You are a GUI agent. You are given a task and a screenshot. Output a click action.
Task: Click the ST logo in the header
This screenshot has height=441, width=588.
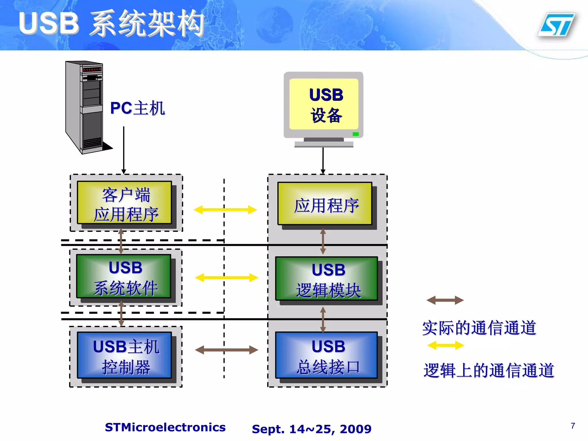tap(557, 25)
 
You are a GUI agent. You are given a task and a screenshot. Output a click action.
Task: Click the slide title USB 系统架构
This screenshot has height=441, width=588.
tap(111, 24)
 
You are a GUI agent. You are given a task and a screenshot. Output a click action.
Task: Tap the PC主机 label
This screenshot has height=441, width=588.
tap(137, 108)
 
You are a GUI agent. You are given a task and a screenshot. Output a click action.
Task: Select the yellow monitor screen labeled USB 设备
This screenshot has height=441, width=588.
tap(324, 104)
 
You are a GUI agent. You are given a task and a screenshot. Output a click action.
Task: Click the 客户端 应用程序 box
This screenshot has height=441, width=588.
tap(125, 203)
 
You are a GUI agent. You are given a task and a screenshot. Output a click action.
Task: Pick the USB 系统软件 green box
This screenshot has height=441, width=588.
tap(124, 276)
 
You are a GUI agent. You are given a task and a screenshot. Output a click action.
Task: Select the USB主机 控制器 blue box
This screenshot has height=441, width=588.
tap(125, 355)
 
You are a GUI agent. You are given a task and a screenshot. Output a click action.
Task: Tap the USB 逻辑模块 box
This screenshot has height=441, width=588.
tap(327, 278)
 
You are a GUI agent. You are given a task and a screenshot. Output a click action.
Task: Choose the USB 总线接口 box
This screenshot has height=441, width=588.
tap(327, 355)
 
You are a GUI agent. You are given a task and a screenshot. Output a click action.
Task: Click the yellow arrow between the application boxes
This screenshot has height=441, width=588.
tap(225, 210)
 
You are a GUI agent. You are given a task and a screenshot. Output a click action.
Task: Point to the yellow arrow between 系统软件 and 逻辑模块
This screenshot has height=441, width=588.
tap(226, 278)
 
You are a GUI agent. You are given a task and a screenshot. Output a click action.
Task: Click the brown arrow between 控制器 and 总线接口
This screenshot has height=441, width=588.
tap(226, 350)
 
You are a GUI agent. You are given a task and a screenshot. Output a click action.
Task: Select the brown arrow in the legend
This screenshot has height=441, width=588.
tap(445, 300)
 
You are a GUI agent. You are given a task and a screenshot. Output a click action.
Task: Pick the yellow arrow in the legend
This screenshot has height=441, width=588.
tap(446, 345)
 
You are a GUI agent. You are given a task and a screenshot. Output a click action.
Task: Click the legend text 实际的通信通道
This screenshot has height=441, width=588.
tap(479, 328)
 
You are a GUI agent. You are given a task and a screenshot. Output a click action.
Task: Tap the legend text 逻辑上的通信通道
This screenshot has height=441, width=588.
tap(489, 370)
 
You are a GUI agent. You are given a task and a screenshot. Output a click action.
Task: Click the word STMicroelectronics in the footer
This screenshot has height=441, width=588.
tap(165, 428)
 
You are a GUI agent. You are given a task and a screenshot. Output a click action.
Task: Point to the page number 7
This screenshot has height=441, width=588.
tap(573, 425)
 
